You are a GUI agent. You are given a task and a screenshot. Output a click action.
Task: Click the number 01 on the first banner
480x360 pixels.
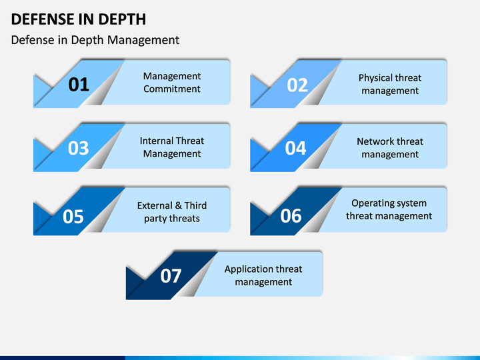tap(79, 85)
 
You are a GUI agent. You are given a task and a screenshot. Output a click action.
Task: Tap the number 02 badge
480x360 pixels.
tap(297, 85)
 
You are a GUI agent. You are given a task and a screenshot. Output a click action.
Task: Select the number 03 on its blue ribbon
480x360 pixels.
tap(79, 148)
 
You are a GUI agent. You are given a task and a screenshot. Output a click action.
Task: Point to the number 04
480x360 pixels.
tap(295, 148)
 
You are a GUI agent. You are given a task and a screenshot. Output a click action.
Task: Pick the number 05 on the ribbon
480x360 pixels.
tap(73, 217)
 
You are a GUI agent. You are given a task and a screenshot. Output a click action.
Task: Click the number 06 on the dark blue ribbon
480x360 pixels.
tap(291, 216)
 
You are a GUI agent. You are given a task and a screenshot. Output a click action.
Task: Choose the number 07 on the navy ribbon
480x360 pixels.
tap(171, 276)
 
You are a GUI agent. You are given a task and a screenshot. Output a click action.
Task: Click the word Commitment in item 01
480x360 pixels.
tap(172, 89)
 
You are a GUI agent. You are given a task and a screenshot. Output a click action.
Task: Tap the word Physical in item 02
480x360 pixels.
tap(373, 78)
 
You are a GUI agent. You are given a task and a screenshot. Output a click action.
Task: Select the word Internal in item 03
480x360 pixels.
tap(156, 141)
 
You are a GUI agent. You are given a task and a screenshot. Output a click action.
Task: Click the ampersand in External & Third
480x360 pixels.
tap(179, 205)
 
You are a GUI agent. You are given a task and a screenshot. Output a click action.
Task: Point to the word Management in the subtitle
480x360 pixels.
tap(143, 40)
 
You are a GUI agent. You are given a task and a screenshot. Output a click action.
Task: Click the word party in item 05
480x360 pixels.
tap(155, 219)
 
